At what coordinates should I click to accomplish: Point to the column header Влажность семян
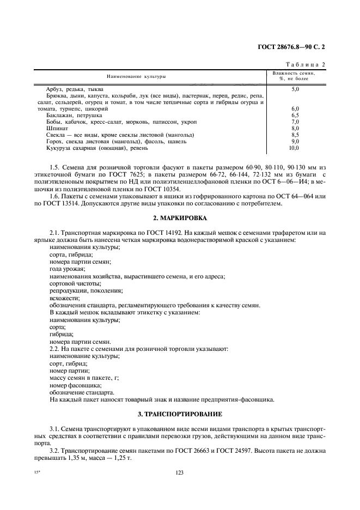click(x=294, y=74)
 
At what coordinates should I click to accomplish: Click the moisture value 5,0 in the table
click(x=295, y=88)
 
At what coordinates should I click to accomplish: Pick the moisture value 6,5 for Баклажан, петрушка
click(x=295, y=115)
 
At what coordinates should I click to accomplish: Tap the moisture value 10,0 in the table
click(x=294, y=148)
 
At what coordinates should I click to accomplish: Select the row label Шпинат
click(x=57, y=128)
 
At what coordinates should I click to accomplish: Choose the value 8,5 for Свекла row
click(x=295, y=135)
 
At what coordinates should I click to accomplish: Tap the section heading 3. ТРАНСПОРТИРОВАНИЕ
click(x=180, y=414)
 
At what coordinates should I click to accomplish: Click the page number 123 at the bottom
click(x=180, y=472)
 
